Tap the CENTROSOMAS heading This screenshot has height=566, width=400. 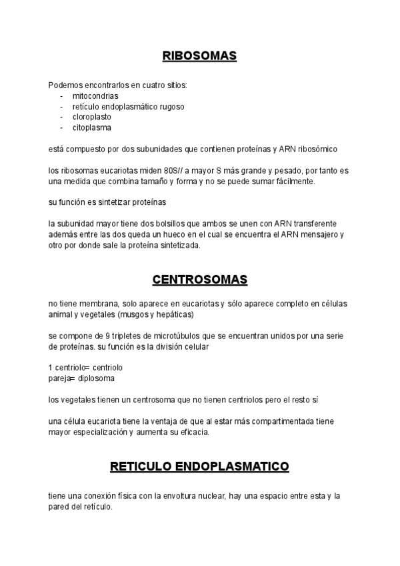199,280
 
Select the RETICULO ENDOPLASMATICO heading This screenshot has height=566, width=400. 199,466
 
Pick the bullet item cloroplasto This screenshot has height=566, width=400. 93,117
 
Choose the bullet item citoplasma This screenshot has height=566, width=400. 91,127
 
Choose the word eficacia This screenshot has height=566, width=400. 193,433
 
